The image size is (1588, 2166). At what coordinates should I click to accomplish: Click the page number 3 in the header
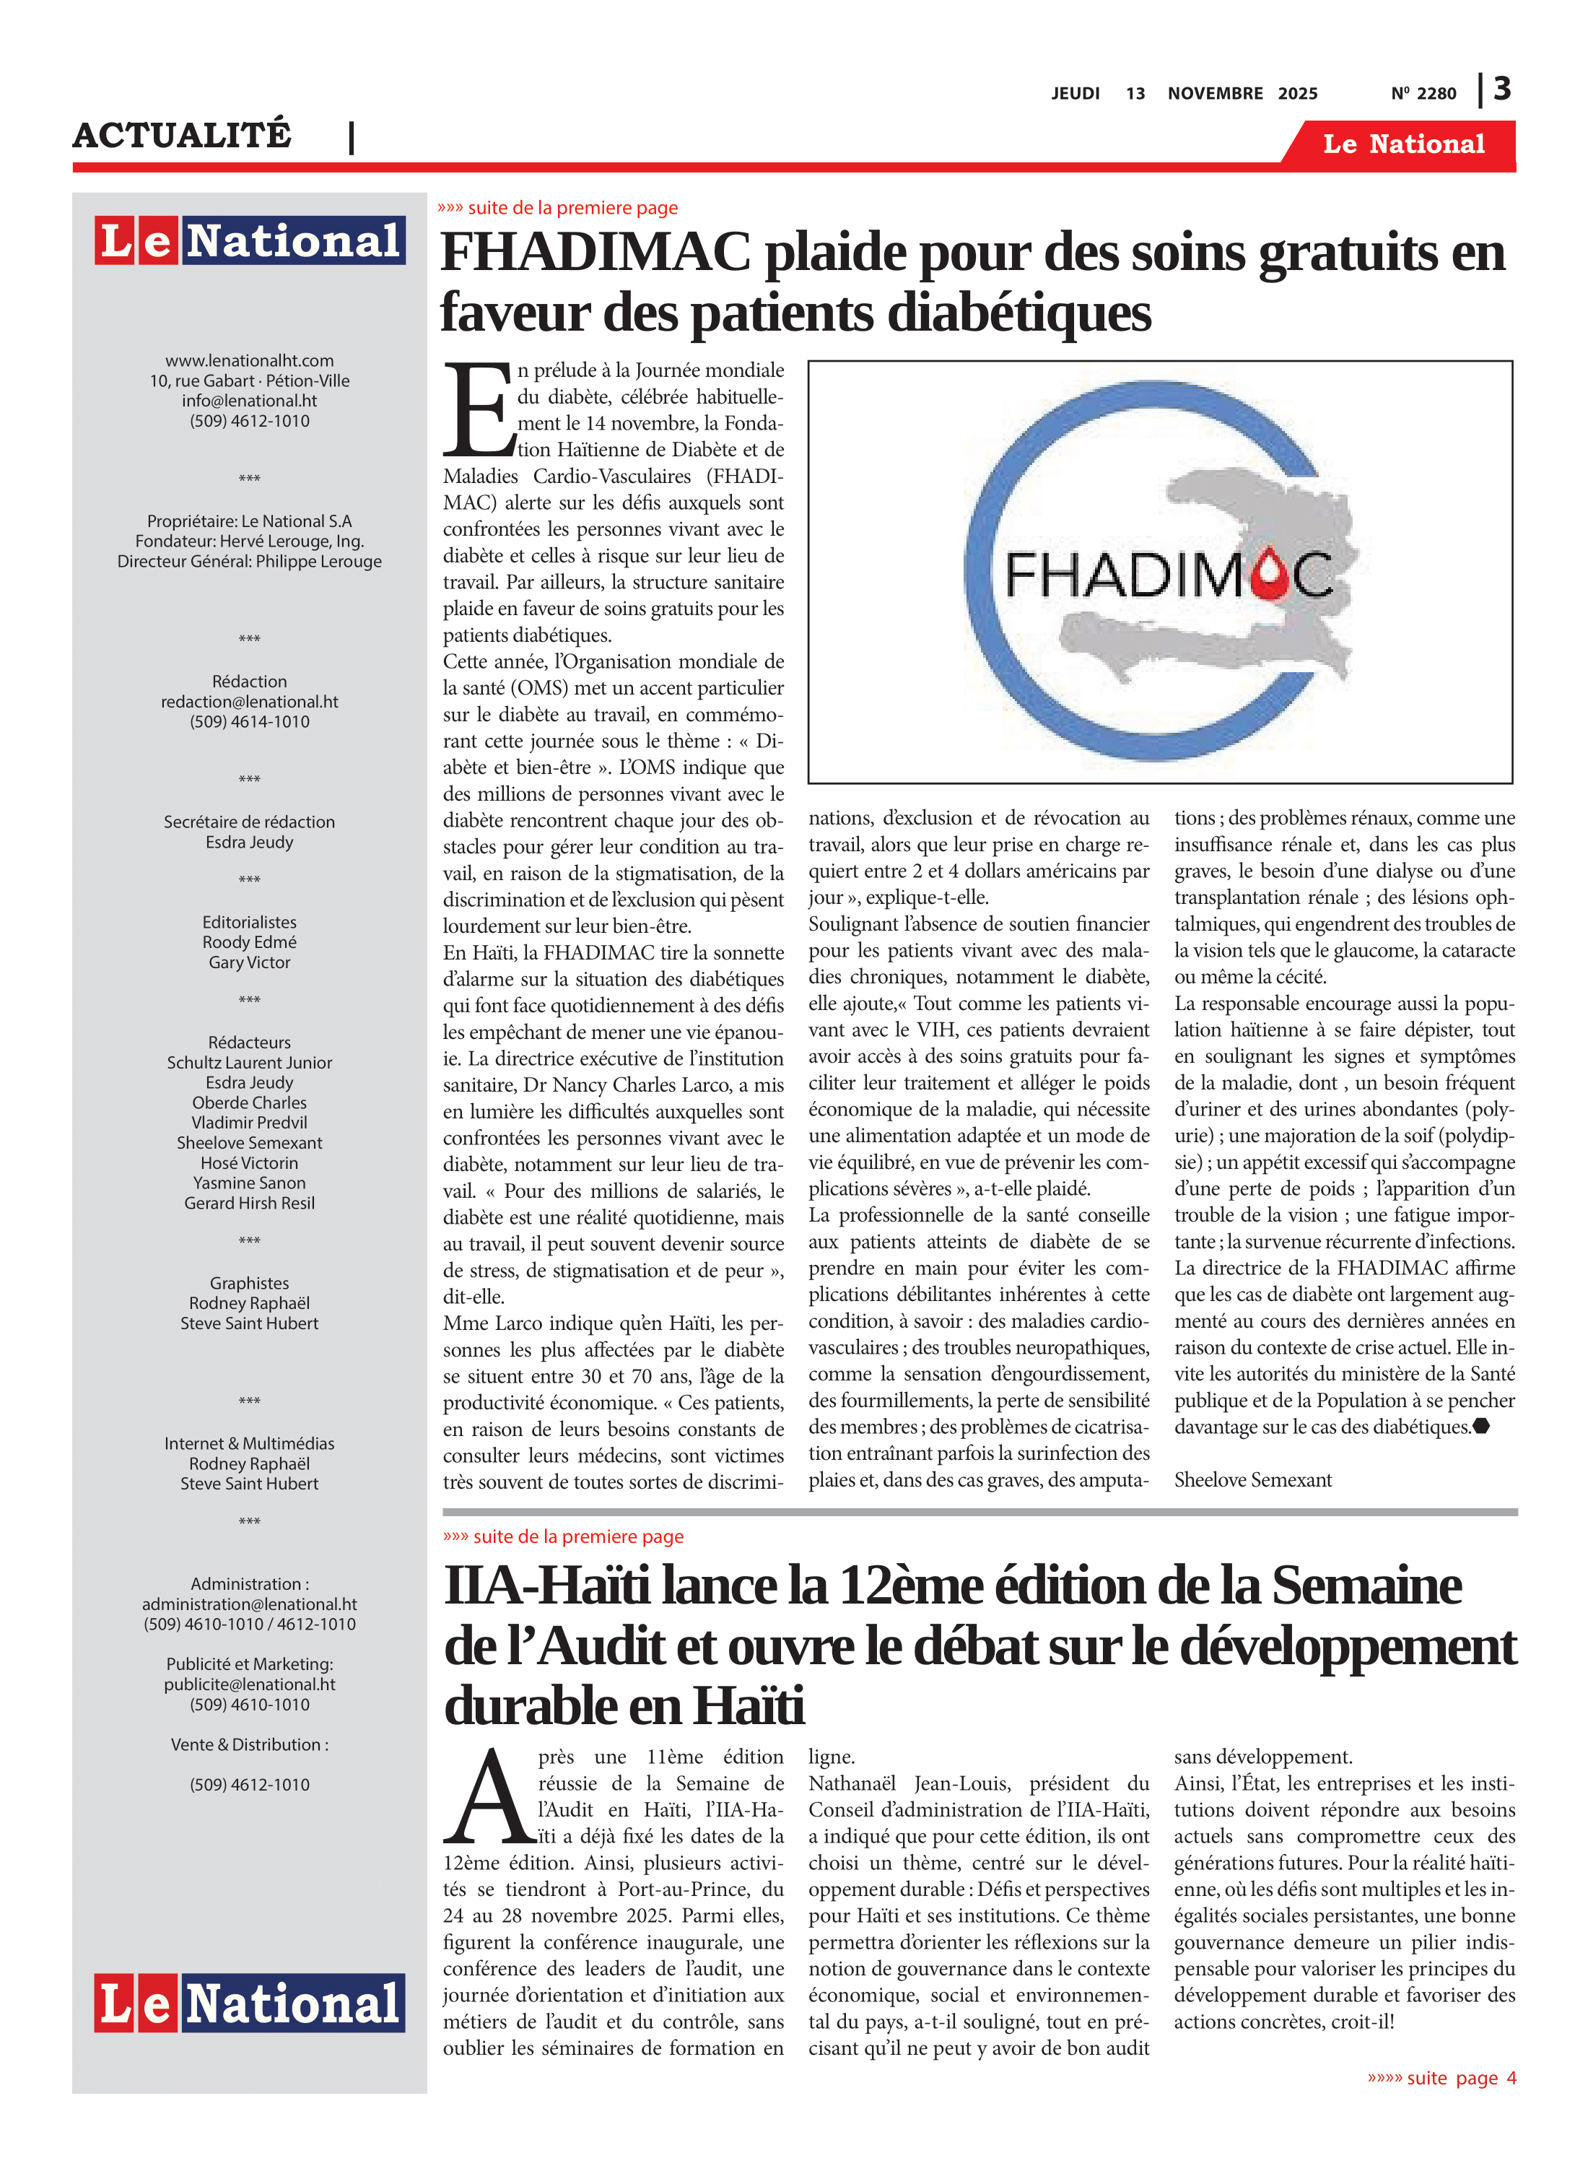click(1501, 89)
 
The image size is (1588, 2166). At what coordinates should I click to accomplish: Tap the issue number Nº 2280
click(1423, 93)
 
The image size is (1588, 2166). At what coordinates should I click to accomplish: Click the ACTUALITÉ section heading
click(182, 136)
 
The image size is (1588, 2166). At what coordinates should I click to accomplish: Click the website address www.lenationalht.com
click(249, 360)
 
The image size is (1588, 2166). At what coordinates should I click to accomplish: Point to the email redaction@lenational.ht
click(249, 702)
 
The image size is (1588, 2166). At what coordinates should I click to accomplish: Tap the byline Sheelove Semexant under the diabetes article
click(1252, 1479)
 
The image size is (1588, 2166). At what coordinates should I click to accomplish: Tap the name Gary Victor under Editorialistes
click(249, 962)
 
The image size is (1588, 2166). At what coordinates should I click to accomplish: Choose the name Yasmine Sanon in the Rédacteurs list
click(249, 1183)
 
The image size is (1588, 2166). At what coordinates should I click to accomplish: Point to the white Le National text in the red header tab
click(1402, 144)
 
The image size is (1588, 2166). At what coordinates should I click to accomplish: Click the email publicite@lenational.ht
click(249, 1684)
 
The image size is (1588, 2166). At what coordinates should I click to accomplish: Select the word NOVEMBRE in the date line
click(1215, 93)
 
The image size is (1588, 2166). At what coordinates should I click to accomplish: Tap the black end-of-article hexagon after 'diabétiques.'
click(1481, 1426)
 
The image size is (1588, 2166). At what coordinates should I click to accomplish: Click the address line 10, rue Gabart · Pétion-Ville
click(249, 380)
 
